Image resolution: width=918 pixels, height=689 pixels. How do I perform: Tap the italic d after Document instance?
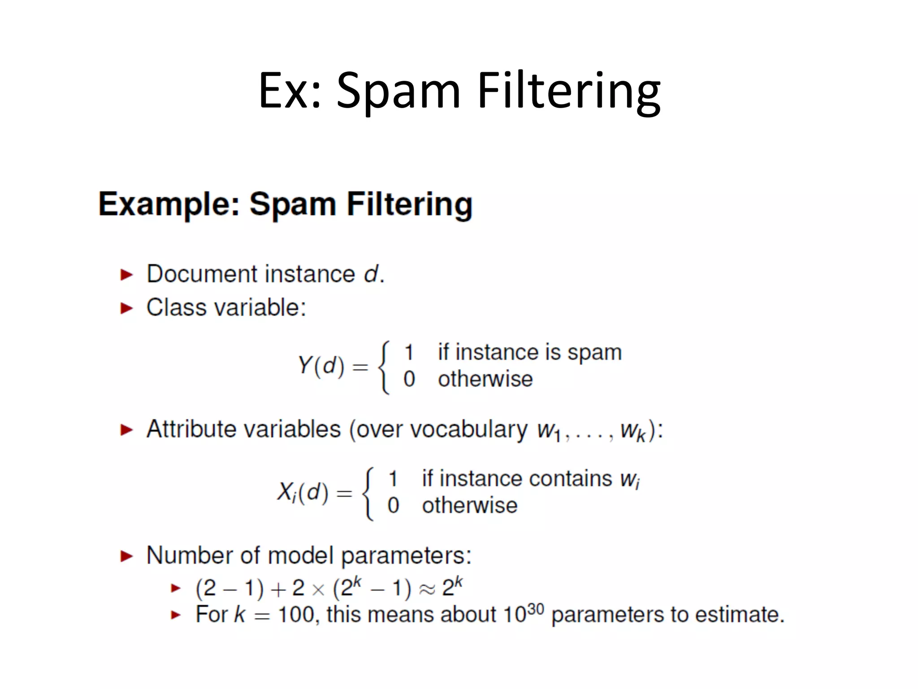(x=371, y=274)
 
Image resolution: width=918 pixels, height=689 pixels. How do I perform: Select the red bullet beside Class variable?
(x=127, y=308)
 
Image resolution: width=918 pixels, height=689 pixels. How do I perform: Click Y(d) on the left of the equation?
(x=321, y=366)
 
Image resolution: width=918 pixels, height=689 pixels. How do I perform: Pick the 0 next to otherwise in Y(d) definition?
(x=409, y=379)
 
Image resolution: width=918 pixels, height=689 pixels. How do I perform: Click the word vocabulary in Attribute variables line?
(x=469, y=430)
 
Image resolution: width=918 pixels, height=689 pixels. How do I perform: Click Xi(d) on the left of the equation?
(x=303, y=493)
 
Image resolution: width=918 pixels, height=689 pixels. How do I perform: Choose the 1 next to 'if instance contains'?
(x=393, y=479)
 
